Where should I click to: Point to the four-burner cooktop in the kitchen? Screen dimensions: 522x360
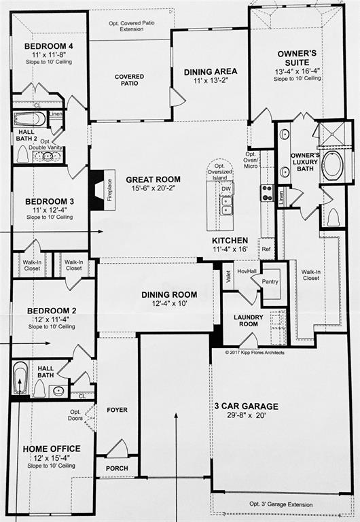click(x=267, y=192)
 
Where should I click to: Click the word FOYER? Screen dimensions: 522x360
click(x=117, y=410)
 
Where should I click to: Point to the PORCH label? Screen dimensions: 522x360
click(x=116, y=469)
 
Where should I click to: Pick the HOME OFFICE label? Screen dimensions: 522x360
click(x=52, y=449)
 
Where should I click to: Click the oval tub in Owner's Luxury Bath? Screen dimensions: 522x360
click(x=333, y=166)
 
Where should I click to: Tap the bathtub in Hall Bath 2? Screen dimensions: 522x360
click(x=30, y=120)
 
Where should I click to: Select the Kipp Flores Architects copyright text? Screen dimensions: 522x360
click(x=255, y=352)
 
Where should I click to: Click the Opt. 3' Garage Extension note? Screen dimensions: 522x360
click(x=281, y=505)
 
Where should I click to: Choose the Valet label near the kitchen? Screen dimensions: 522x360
click(x=229, y=276)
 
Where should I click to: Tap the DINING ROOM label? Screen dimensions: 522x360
click(x=169, y=294)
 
